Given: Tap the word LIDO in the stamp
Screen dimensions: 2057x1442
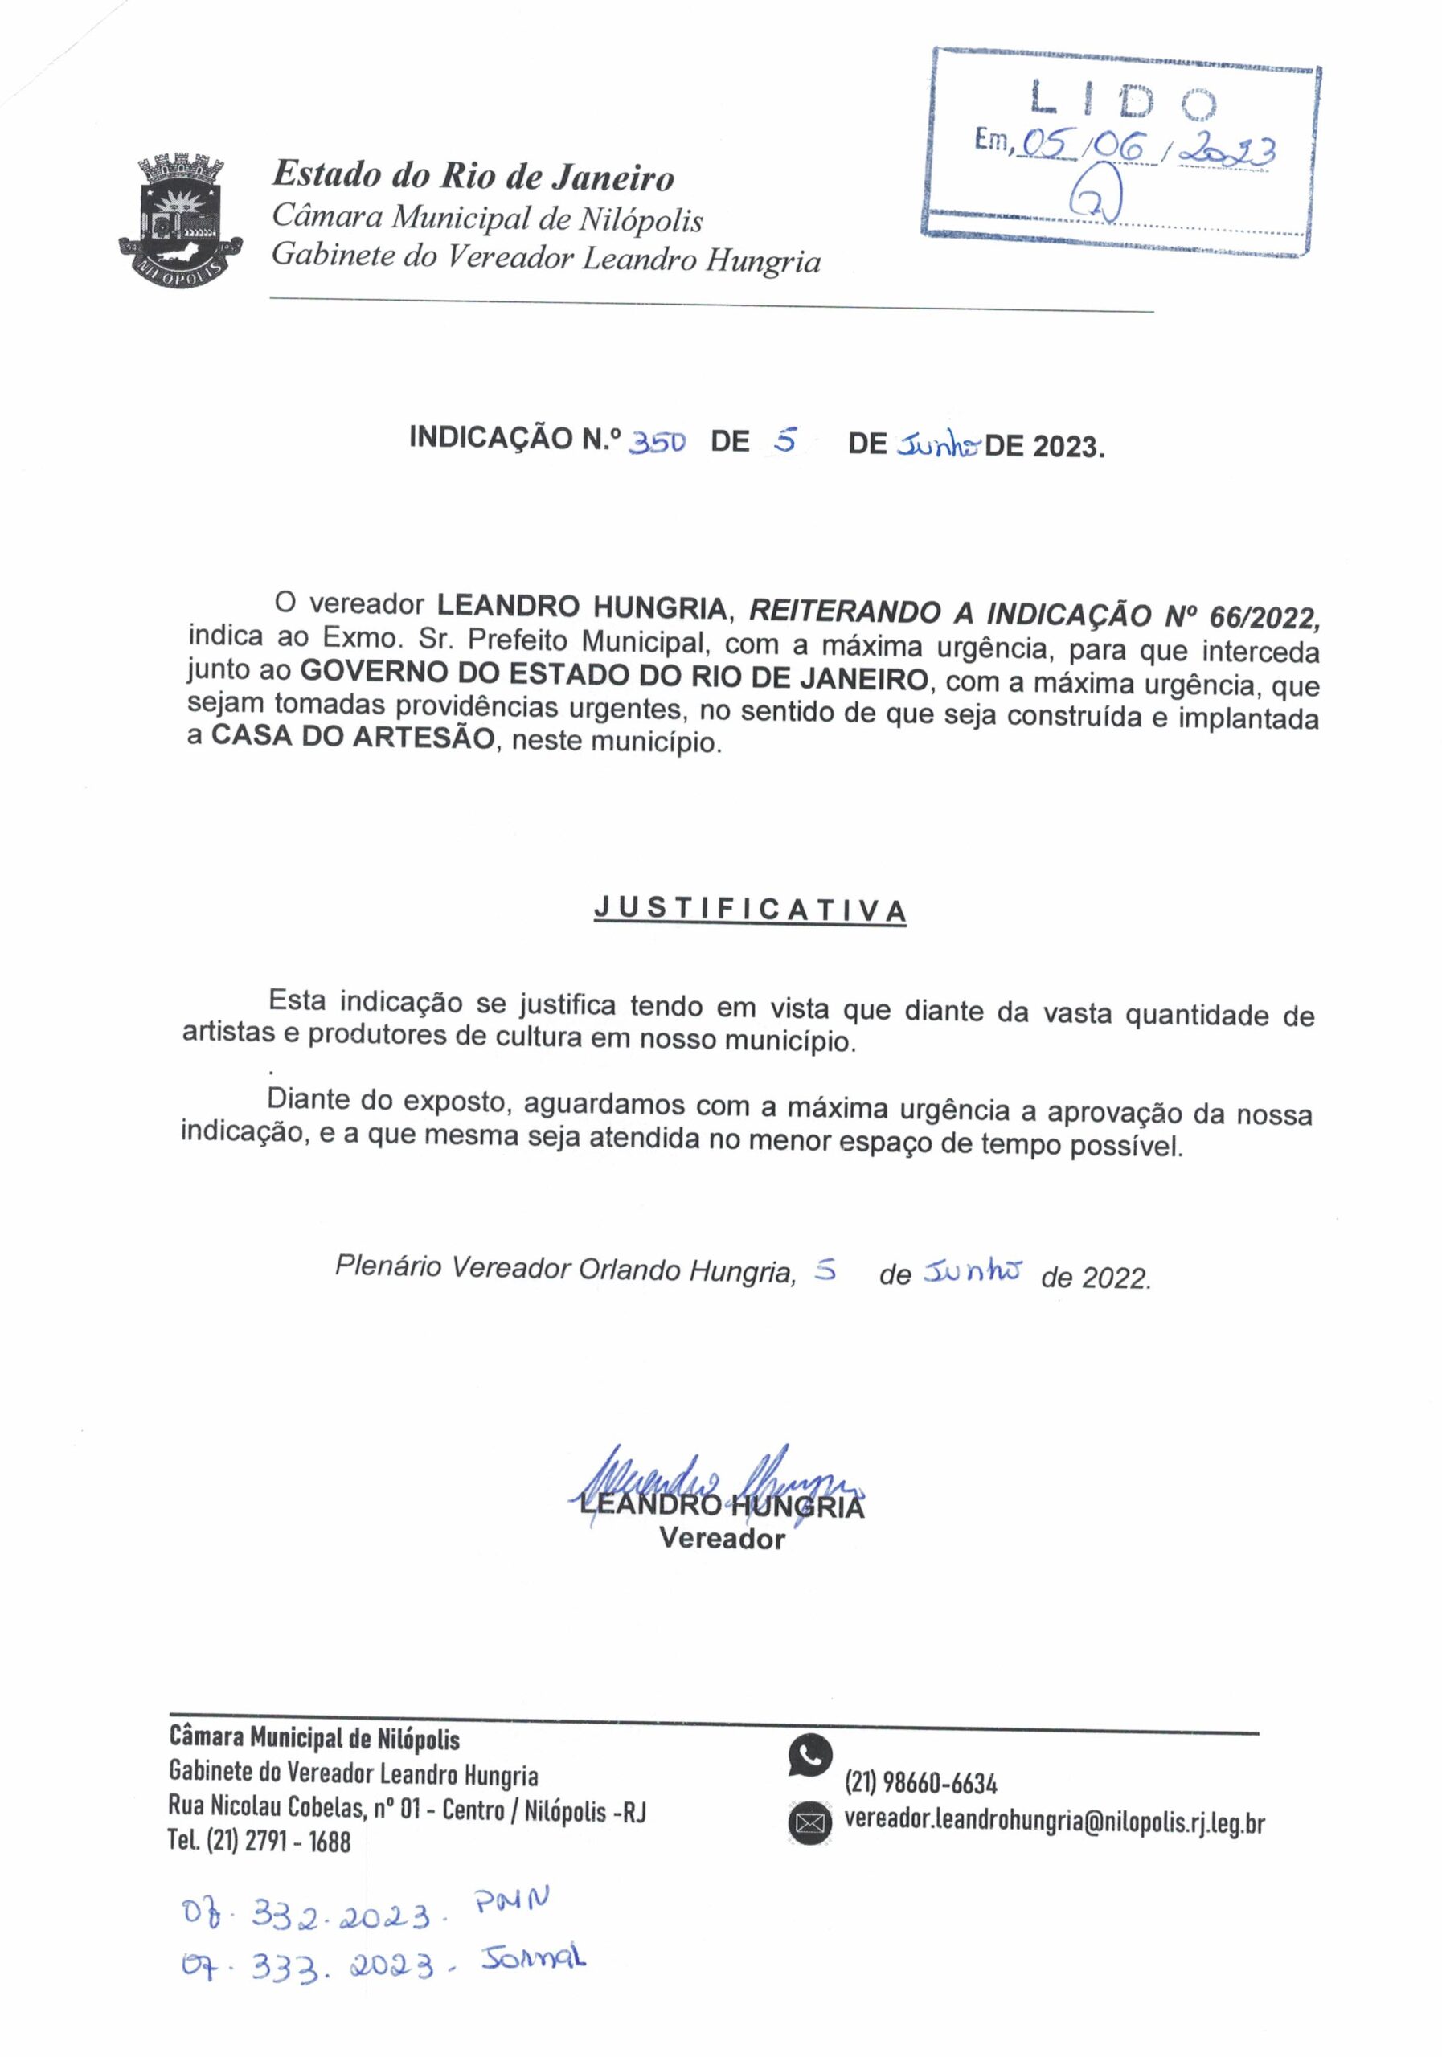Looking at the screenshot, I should click(x=1122, y=100).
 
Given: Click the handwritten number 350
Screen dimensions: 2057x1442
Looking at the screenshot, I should click(x=658, y=442).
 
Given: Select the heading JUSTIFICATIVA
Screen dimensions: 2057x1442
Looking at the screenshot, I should click(x=749, y=910).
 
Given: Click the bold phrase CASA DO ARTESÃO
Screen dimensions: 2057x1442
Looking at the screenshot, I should click(x=352, y=738).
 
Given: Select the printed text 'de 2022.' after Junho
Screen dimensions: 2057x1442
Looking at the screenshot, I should click(x=1094, y=1277).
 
